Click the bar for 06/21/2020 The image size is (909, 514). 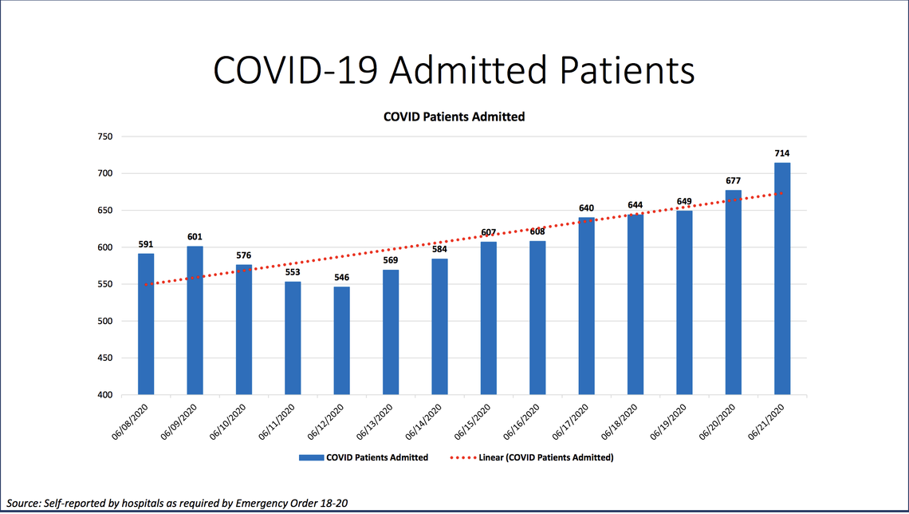coord(781,279)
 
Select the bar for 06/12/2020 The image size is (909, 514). coord(341,340)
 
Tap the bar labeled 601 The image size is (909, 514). coord(195,320)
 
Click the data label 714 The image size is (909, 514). coord(781,153)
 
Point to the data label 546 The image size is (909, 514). coord(341,277)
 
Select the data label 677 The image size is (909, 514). coord(733,180)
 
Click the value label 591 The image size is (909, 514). coord(145,244)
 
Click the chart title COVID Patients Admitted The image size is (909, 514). coord(454,117)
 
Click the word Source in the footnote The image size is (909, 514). coord(25,503)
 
